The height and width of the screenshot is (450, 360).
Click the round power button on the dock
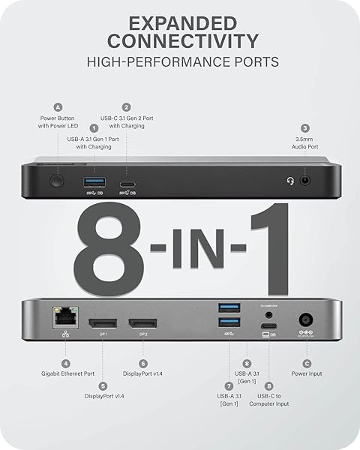pyautogui.click(x=55, y=181)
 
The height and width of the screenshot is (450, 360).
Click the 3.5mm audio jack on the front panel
pyautogui.click(x=305, y=181)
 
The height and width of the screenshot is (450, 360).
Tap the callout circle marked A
pyautogui.click(x=58, y=107)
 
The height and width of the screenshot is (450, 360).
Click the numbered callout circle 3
pyautogui.click(x=305, y=129)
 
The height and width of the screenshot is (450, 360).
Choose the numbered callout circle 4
pyautogui.click(x=65, y=364)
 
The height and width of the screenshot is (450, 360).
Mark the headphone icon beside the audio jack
pyautogui.click(x=290, y=181)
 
